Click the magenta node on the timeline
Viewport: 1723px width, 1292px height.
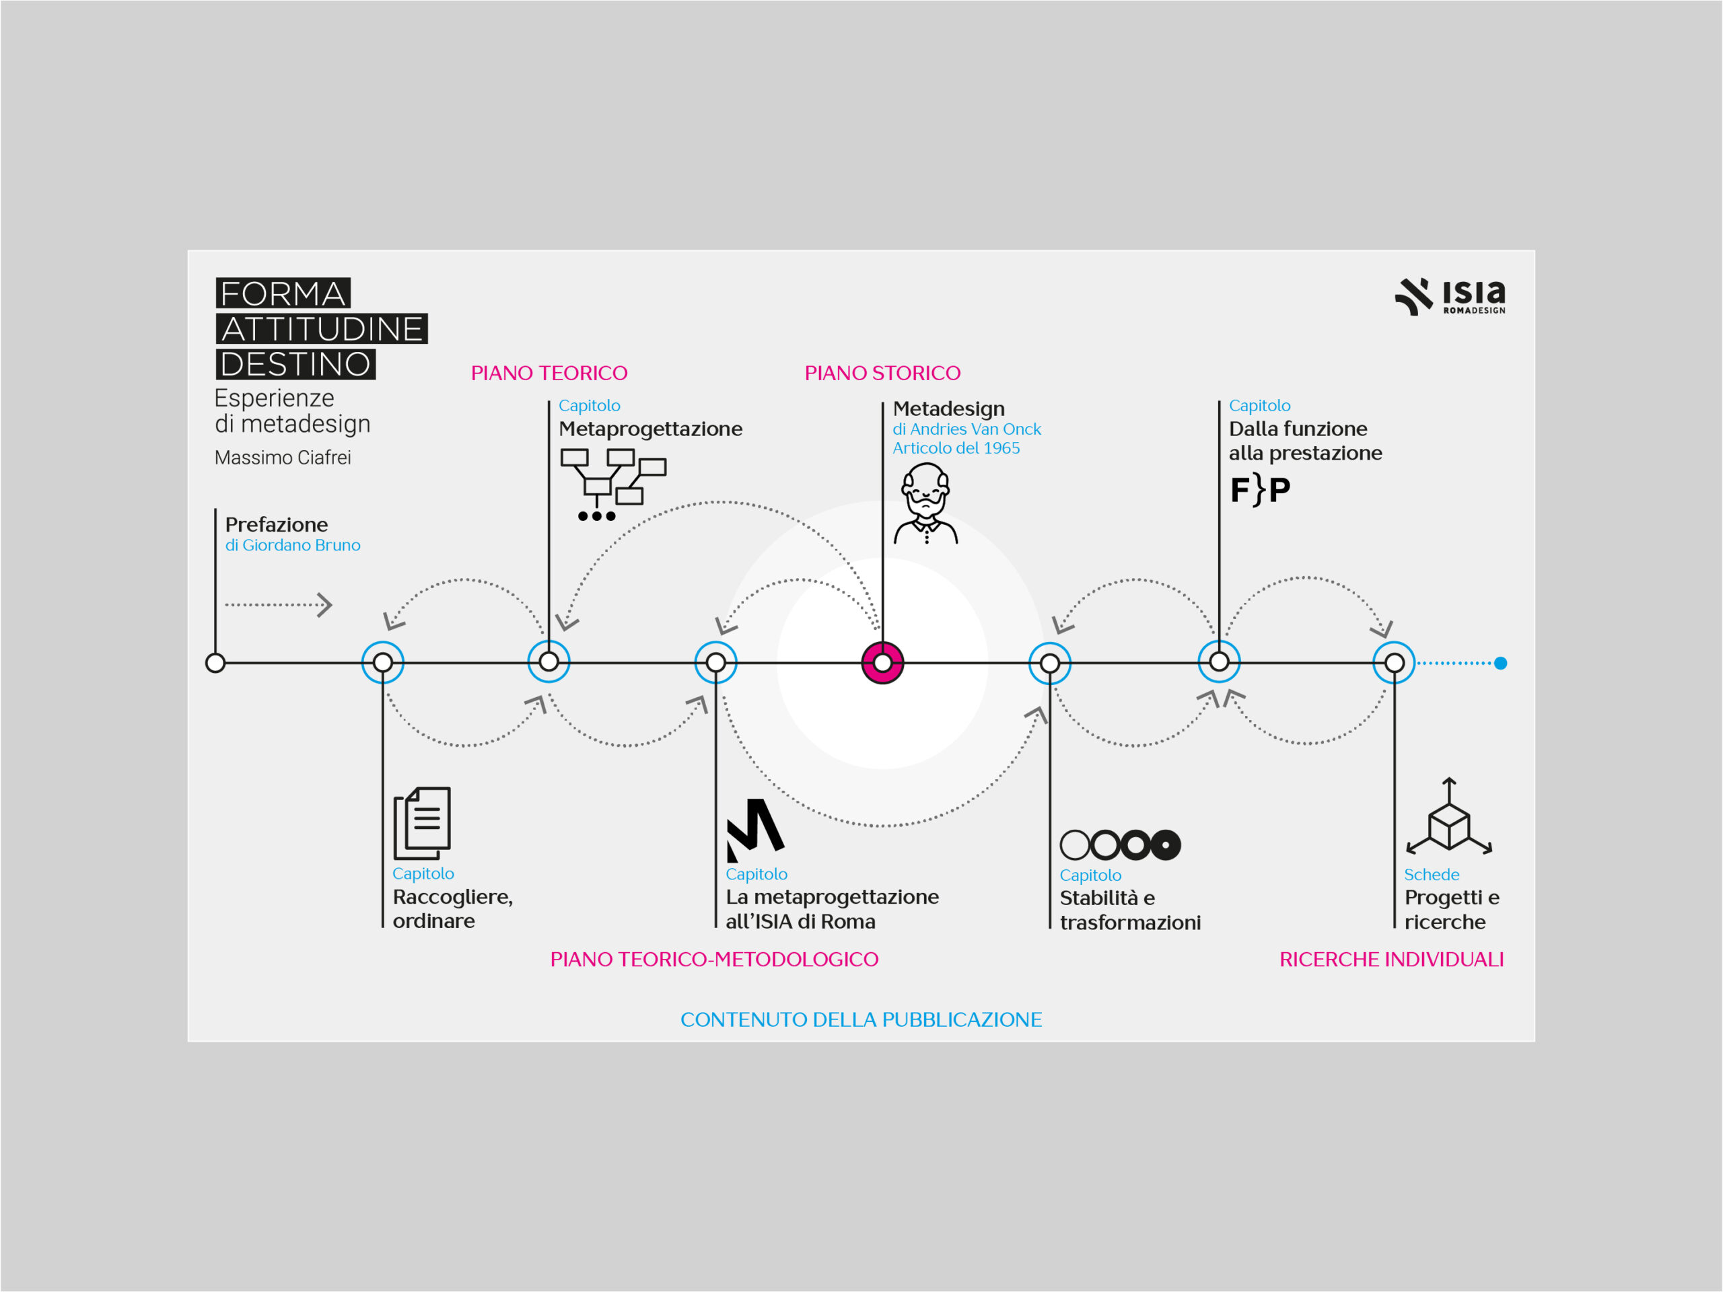click(x=882, y=663)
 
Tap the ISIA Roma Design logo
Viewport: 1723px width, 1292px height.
click(x=1450, y=296)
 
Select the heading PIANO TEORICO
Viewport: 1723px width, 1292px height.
click(x=549, y=373)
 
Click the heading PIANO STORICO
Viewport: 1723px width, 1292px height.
click(x=882, y=373)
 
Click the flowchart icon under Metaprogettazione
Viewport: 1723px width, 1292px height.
click(x=613, y=485)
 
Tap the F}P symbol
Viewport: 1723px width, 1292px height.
click(x=1259, y=490)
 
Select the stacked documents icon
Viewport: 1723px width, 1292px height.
click(x=422, y=822)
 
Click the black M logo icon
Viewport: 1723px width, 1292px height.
click(x=754, y=830)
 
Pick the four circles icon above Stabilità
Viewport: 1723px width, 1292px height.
click(x=1120, y=845)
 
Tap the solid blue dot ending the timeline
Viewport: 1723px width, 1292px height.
click(x=1501, y=663)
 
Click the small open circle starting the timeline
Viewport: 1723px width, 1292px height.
click(x=215, y=663)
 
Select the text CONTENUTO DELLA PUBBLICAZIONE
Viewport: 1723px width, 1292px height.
click(x=861, y=1019)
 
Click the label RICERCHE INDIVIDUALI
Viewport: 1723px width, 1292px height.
click(x=1391, y=960)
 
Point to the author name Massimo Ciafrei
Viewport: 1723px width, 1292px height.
click(x=283, y=458)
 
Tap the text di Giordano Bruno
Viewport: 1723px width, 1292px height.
click(x=293, y=545)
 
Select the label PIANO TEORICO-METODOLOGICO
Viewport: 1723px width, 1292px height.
click(x=714, y=960)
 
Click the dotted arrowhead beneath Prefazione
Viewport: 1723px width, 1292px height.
click(x=326, y=605)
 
